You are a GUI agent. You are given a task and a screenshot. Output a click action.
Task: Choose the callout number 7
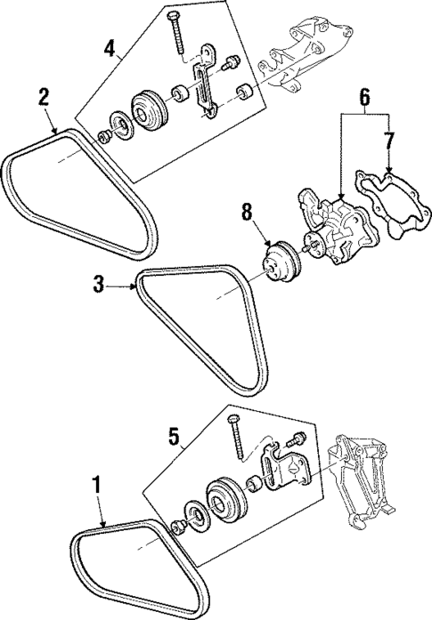click(388, 140)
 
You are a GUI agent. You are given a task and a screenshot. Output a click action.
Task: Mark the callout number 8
click(248, 212)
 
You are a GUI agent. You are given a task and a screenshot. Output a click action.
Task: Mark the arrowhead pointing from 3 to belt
click(134, 286)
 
